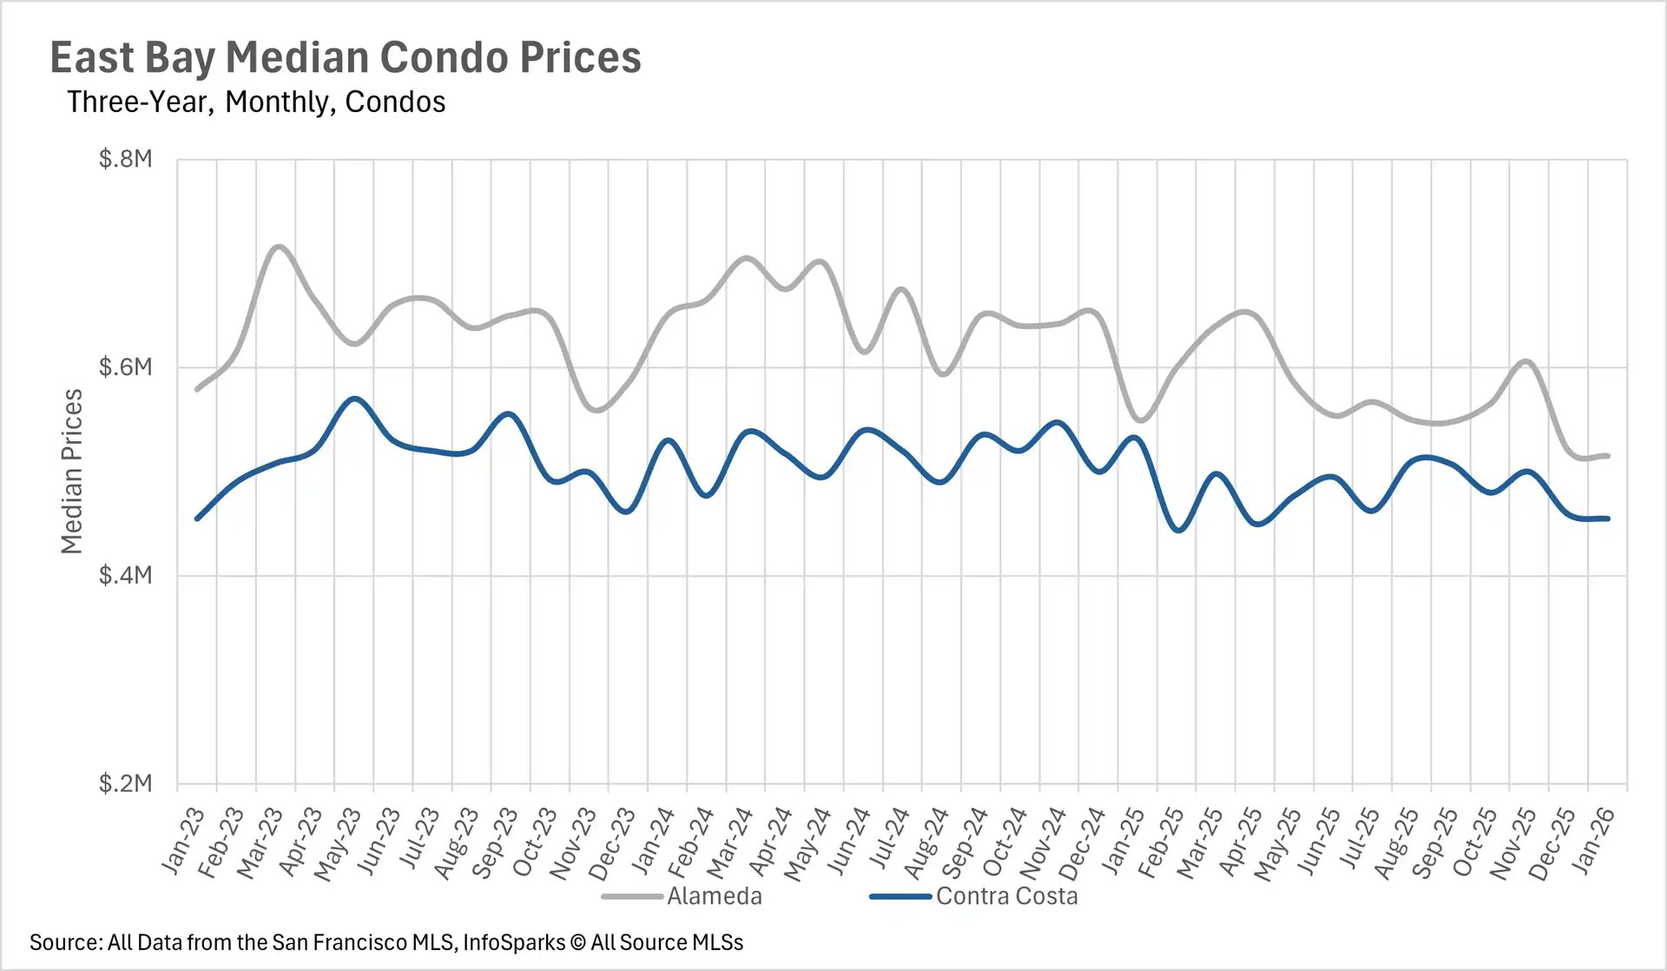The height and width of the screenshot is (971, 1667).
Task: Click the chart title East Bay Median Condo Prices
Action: pyautogui.click(x=346, y=58)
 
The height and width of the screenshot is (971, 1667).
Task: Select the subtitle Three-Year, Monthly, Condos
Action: pyautogui.click(x=256, y=102)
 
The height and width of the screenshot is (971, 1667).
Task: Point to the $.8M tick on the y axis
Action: pyautogui.click(x=126, y=159)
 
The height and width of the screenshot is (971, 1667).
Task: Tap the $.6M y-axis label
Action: pyautogui.click(x=126, y=367)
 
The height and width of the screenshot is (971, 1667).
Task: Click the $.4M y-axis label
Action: pyautogui.click(x=126, y=575)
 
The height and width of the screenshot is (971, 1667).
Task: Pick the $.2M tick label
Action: pyautogui.click(x=126, y=783)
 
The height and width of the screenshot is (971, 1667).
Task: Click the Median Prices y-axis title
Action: pyautogui.click(x=72, y=471)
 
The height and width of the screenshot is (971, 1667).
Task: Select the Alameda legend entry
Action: pyautogui.click(x=714, y=896)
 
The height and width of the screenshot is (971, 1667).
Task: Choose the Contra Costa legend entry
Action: pyautogui.click(x=1006, y=896)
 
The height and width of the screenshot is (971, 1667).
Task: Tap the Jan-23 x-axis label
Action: pyautogui.click(x=183, y=840)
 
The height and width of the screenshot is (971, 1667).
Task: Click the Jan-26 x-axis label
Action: pyautogui.click(x=1594, y=840)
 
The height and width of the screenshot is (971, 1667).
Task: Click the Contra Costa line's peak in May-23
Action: pyautogui.click(x=354, y=399)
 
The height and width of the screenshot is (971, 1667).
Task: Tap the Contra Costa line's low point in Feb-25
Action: pyautogui.click(x=1178, y=530)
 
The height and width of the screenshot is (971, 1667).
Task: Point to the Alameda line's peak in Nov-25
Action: pyautogui.click(x=1526, y=360)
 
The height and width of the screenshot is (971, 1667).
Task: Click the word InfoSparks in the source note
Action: pyautogui.click(x=514, y=943)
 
